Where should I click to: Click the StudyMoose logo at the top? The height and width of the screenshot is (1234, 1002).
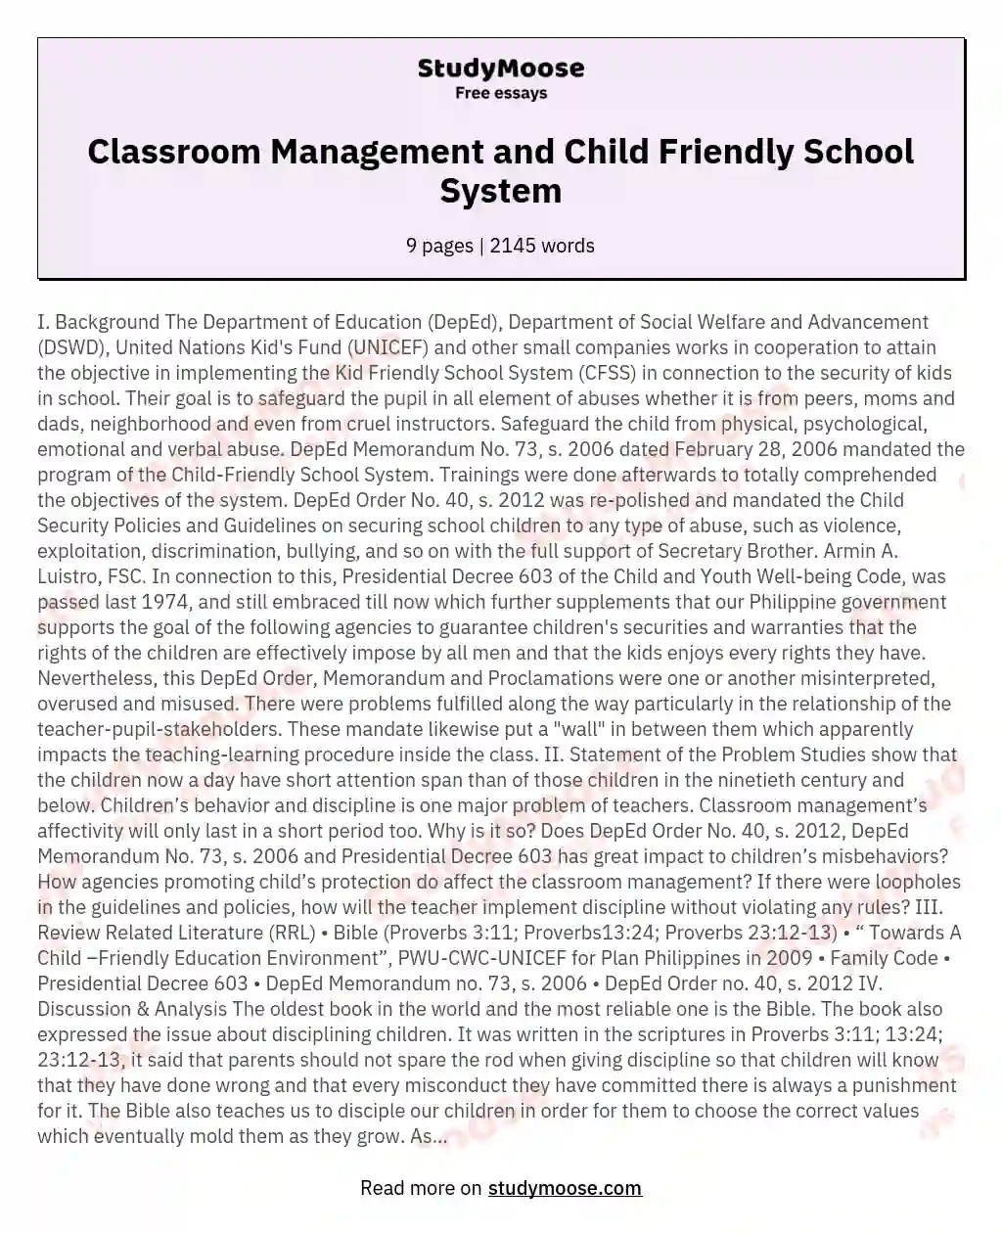(500, 69)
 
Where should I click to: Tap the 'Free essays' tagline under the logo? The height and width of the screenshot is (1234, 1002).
(500, 94)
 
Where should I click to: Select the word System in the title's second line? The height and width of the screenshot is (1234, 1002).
(500, 190)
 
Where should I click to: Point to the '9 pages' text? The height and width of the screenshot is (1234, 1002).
(439, 246)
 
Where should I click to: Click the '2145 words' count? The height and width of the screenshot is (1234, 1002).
(542, 246)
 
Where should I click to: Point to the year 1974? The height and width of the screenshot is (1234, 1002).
(165, 602)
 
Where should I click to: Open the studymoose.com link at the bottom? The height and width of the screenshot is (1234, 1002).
(565, 1188)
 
